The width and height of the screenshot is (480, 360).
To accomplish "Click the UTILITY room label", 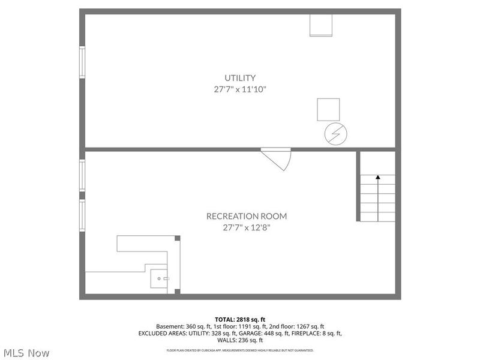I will pos(240,77).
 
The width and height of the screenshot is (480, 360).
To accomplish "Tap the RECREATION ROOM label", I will pos(247,216).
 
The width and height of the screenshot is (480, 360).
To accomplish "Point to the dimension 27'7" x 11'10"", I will pos(240,89).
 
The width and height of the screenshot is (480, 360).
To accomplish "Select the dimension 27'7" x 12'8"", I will pos(247,227).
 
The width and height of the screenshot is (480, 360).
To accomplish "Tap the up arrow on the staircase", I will pos(378,178).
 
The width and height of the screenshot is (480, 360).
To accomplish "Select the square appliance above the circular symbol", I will pos(328,110).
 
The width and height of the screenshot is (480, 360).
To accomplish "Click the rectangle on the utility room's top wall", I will pos(320,25).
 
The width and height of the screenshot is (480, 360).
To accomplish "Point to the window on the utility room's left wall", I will pos(83,62).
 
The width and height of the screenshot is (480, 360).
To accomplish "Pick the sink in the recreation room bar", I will pos(160,279).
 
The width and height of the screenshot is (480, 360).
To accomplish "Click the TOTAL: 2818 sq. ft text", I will pos(239,319).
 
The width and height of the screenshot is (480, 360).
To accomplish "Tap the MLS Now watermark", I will pos(27,353).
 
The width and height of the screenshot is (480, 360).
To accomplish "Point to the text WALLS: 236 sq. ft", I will pos(239,340).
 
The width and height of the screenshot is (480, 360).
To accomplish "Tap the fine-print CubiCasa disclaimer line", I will pos(239,350).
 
